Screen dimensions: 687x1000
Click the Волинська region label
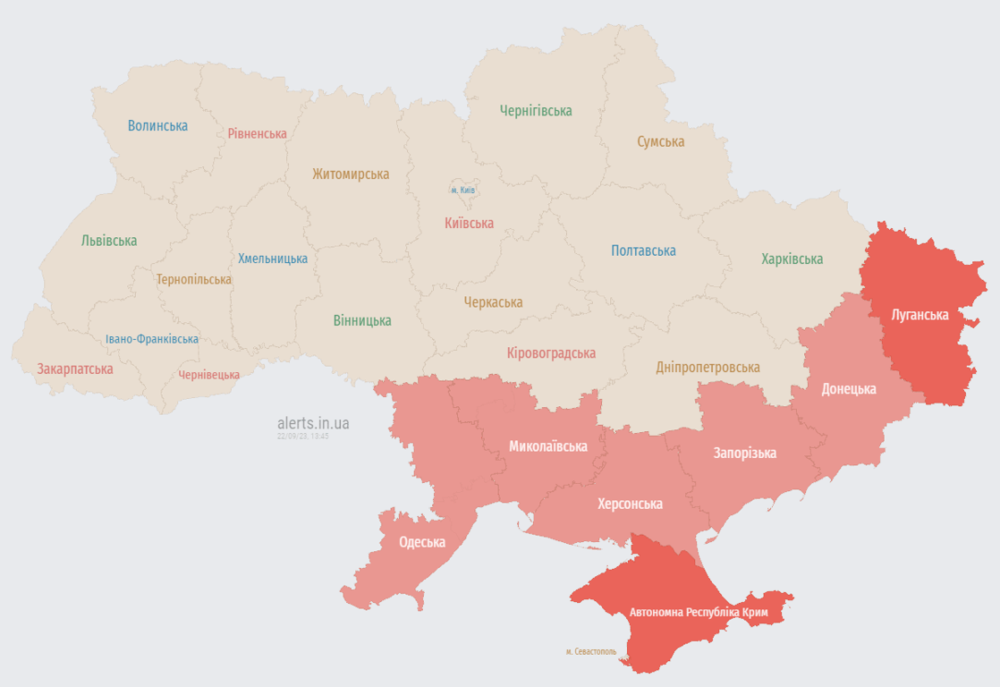(x=157, y=126)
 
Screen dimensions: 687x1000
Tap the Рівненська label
(x=257, y=134)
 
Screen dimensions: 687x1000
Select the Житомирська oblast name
(x=351, y=174)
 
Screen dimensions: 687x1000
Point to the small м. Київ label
(x=462, y=191)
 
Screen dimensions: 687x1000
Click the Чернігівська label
(x=536, y=111)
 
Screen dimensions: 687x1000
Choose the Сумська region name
(x=661, y=142)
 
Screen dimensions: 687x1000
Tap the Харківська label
(x=792, y=259)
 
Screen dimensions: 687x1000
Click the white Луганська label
(x=919, y=315)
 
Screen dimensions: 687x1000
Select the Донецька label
(x=849, y=389)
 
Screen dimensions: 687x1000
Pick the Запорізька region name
(x=744, y=454)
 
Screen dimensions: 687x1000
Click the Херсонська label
(x=631, y=505)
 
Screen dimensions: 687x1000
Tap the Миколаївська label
(x=548, y=446)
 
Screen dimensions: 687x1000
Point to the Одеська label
(x=422, y=543)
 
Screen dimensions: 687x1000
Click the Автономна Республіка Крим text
(x=698, y=613)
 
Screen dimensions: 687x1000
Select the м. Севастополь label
(x=591, y=652)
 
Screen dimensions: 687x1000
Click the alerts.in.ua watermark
(x=313, y=423)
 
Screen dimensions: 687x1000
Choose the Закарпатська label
(x=75, y=369)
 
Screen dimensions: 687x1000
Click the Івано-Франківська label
(x=152, y=340)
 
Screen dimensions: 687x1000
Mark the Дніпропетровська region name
(x=708, y=368)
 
